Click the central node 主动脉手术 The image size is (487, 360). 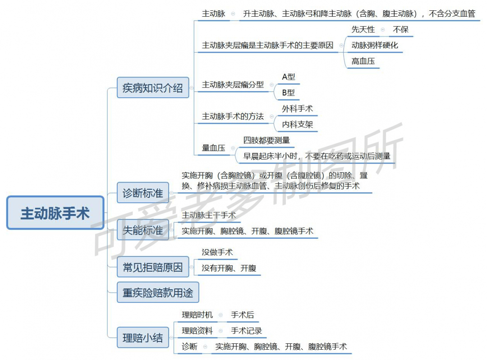click(55, 213)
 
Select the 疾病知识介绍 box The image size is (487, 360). click(153, 88)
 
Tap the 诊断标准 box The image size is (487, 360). click(143, 193)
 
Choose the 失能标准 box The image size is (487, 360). click(143, 230)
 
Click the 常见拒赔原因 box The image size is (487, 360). click(153, 267)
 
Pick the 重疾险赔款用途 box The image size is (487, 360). click(158, 292)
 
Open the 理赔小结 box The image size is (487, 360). click(143, 337)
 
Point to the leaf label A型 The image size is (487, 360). click(288, 77)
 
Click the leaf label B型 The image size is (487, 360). click(288, 92)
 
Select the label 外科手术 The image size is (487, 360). click(297, 109)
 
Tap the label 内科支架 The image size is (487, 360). click(297, 124)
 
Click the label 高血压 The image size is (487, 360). click(363, 61)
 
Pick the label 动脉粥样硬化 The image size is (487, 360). click(375, 46)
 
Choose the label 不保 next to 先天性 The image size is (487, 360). click(401, 29)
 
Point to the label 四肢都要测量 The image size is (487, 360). click(266, 140)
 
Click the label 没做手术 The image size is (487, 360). click(217, 252)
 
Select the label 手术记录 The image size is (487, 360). click(246, 331)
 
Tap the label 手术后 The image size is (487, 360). click(242, 315)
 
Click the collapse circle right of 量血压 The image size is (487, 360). click(233, 148)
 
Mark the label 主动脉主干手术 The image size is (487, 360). click(209, 215)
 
